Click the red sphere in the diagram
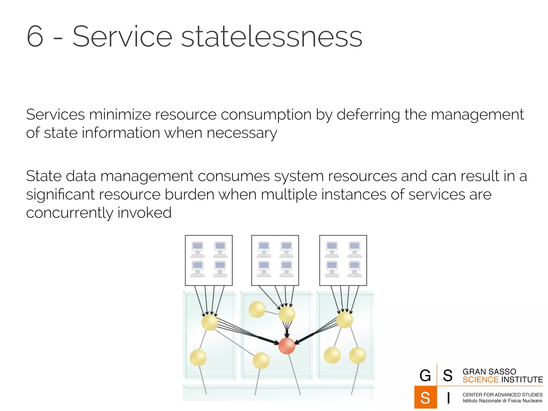[287, 346]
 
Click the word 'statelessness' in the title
[272, 36]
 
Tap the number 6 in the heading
[35, 36]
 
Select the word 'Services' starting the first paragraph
[55, 115]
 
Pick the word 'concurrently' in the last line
[70, 213]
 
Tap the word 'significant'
[60, 195]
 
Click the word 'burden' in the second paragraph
[189, 194]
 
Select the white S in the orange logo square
[425, 398]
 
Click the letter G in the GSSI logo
[425, 375]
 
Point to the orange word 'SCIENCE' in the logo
[480, 380]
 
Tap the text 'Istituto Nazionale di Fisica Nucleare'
[502, 401]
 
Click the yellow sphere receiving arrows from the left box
[210, 322]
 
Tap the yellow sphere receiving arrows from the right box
[344, 320]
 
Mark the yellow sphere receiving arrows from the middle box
[287, 314]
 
